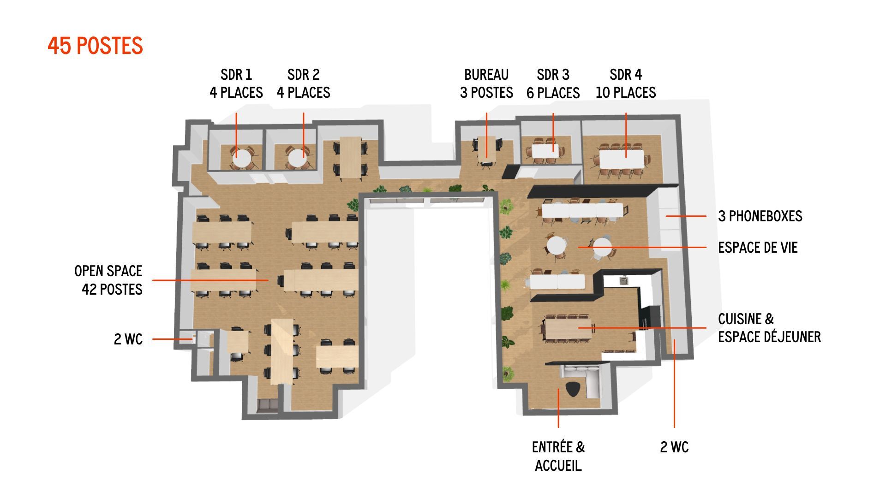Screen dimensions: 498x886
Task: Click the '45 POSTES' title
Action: (95, 46)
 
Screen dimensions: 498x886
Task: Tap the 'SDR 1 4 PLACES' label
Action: (236, 83)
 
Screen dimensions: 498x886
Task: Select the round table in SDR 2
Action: (298, 158)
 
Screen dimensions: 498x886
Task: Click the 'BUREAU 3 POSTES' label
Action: (486, 83)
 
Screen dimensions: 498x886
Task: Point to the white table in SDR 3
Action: (545, 151)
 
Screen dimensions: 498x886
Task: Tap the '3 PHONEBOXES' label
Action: (760, 216)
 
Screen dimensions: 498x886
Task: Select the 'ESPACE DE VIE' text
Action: (757, 248)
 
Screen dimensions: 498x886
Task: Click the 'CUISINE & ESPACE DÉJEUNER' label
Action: (769, 328)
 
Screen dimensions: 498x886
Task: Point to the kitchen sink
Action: (624, 280)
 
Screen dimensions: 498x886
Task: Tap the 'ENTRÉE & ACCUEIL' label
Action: (558, 456)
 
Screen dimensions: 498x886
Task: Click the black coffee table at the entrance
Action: (572, 389)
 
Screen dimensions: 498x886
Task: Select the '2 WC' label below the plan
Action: (674, 447)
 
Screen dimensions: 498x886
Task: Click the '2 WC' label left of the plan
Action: (128, 339)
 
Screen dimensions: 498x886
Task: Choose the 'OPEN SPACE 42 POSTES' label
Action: (109, 280)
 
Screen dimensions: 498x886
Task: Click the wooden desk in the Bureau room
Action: (486, 148)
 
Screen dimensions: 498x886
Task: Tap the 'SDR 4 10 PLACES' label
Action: (625, 83)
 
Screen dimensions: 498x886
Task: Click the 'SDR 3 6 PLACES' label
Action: (553, 83)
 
